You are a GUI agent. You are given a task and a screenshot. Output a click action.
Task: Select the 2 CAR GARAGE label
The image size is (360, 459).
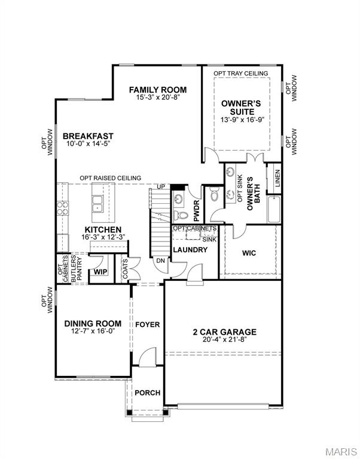coord(224,332)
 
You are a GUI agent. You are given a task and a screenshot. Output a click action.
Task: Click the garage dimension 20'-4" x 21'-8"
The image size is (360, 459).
coord(224,340)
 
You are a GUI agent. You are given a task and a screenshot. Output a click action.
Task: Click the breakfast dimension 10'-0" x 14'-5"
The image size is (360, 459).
coord(88,144)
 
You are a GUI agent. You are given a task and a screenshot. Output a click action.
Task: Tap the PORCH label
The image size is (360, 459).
coord(147,393)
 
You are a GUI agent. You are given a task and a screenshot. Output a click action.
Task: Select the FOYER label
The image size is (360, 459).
coord(147,325)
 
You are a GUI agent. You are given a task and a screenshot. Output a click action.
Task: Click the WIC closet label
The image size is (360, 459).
coord(249,253)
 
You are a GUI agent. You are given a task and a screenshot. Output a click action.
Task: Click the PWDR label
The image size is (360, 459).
coord(196,211)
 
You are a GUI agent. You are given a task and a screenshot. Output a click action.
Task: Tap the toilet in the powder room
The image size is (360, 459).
coord(177,215)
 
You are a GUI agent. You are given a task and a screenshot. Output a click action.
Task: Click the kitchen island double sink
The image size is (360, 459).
coord(97,209)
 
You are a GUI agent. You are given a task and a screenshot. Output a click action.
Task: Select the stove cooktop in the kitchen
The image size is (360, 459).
coord(62,209)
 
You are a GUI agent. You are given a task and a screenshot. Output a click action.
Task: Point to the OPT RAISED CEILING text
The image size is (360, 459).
coord(111,178)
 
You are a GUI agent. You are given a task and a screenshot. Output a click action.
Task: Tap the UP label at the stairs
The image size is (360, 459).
coord(160,187)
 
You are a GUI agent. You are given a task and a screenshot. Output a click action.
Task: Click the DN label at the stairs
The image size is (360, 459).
coord(160,260)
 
